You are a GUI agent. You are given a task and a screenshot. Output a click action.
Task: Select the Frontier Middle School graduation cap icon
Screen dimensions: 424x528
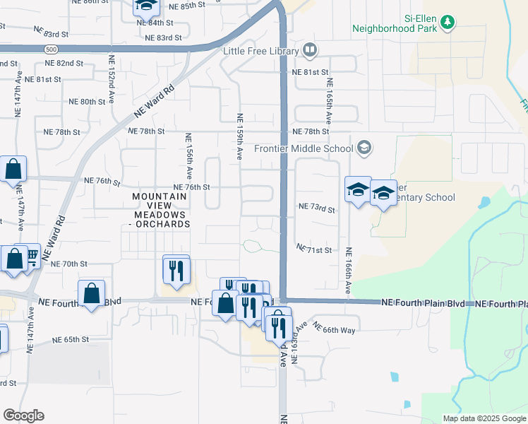364,148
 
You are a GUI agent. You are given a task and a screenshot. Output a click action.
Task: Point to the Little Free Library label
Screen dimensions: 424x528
260,51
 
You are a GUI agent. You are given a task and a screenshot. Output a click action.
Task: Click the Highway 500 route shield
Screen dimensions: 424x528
50,49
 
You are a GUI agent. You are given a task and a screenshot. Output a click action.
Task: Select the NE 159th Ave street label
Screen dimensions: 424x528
240,136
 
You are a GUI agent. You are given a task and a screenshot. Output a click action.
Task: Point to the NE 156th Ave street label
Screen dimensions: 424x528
188,155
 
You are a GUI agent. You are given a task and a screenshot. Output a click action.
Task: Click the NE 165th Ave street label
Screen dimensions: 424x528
329,99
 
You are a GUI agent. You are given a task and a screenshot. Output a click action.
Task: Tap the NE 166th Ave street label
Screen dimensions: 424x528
349,271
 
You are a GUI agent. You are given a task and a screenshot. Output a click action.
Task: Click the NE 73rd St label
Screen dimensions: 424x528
316,208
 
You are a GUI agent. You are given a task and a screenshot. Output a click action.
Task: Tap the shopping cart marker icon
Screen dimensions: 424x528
30,257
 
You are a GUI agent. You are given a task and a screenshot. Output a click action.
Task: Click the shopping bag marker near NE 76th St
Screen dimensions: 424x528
13,170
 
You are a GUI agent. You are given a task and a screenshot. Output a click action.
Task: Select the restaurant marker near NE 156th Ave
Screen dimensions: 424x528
176,269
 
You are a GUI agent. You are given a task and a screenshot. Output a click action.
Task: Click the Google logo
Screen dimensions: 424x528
23,415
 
